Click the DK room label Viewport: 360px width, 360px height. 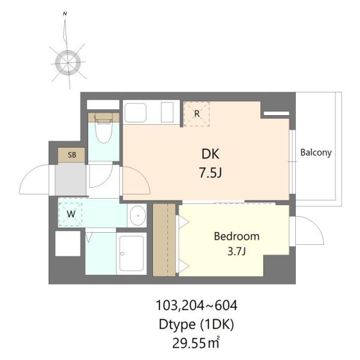point(211,154)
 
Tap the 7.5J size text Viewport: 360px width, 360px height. point(211,173)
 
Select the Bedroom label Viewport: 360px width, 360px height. point(237,236)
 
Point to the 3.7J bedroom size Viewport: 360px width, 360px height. point(237,251)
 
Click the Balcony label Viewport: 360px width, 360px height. point(316,152)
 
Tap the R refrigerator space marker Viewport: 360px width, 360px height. point(197,113)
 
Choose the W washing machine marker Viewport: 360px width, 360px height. point(71,214)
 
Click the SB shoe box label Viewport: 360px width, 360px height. point(72,155)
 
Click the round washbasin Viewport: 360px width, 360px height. point(138,215)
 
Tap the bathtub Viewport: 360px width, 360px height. point(131,253)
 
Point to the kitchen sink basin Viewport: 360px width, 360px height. point(135,113)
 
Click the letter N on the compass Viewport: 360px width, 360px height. point(65,14)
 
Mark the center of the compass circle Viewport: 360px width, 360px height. point(68,62)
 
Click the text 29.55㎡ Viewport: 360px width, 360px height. point(196,343)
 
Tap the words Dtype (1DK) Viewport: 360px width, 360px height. point(196,325)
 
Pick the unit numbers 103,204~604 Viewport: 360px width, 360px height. point(197,305)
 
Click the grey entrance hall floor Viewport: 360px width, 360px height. point(70,179)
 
